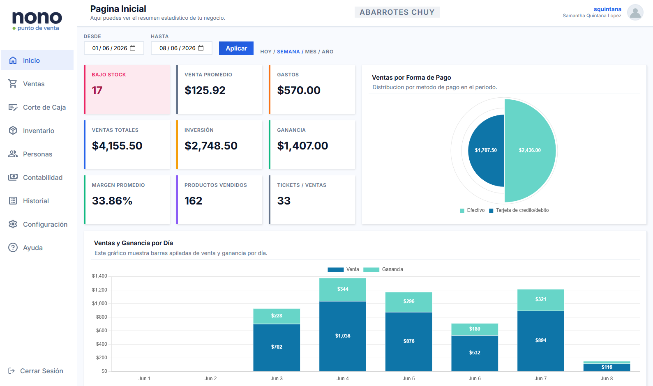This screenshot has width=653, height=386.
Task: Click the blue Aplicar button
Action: coord(236,48)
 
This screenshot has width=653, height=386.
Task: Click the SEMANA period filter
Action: coord(288,52)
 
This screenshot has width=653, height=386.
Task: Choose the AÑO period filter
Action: coord(328,52)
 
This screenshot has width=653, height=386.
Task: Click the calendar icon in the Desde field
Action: coord(133,48)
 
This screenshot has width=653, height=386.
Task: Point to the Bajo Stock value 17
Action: coord(97,90)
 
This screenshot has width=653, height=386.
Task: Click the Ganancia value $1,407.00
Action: coord(302,146)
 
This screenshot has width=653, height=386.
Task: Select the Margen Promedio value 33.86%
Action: coord(112,201)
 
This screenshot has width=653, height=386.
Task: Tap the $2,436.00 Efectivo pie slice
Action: coord(530,150)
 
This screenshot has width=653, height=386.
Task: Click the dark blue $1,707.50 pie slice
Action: coord(486,150)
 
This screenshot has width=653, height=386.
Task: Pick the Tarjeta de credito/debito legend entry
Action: coord(519,210)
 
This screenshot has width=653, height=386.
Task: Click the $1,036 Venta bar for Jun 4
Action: coord(343,336)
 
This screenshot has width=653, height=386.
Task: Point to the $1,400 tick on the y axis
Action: coord(99,276)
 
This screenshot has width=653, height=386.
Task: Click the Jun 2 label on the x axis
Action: coord(210,379)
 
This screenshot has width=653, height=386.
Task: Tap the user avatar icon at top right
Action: coord(635,12)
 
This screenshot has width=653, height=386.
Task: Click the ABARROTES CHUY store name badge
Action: coord(397,12)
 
